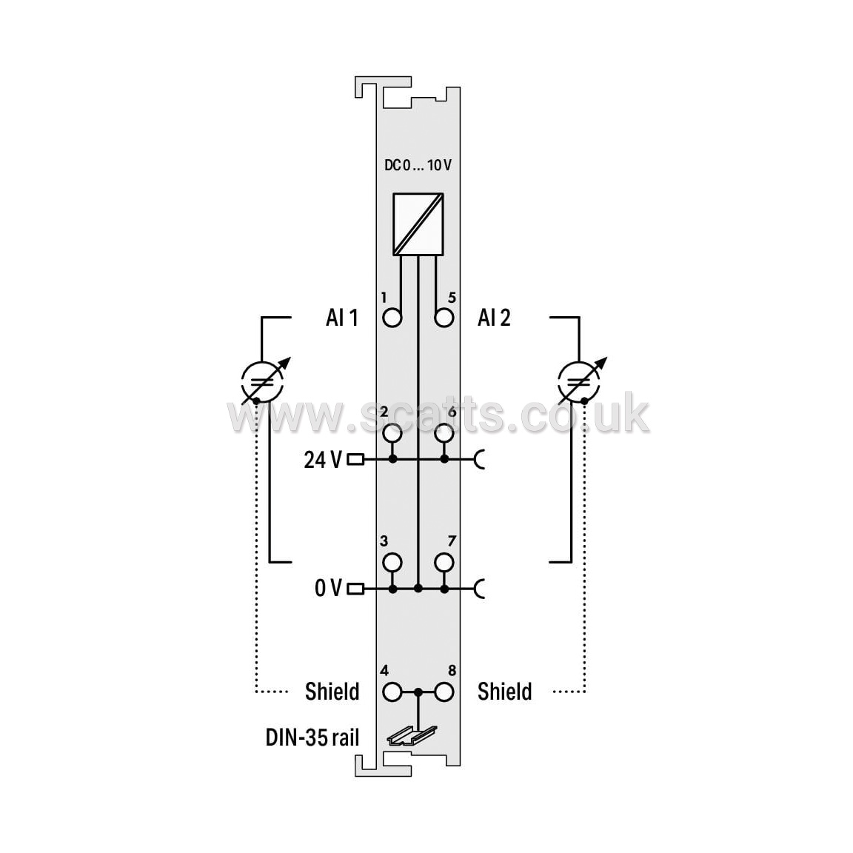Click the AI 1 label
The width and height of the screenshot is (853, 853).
click(x=342, y=318)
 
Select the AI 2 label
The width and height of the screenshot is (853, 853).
click(x=494, y=318)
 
